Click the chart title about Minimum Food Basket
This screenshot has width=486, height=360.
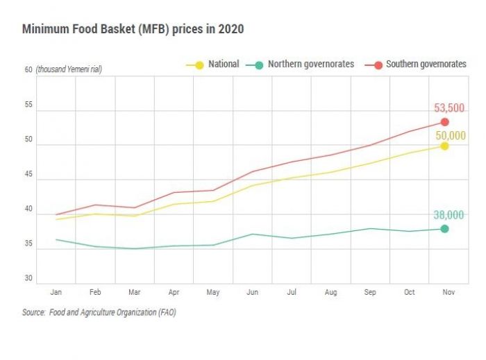133,29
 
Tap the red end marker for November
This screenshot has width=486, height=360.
444,122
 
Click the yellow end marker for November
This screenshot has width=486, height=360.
444,146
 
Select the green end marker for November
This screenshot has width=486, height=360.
444,229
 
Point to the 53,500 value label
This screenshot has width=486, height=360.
449,108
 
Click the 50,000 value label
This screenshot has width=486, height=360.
449,135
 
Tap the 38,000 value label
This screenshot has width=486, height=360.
449,216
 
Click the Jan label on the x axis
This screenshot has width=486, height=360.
56,292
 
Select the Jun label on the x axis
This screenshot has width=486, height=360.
253,292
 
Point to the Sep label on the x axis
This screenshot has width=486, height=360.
370,292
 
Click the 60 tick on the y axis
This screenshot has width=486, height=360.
28,69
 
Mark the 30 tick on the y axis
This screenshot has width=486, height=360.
28,278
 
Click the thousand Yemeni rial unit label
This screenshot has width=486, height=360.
69,69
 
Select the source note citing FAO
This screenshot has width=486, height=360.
99,313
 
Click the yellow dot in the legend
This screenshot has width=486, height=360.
199,65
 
